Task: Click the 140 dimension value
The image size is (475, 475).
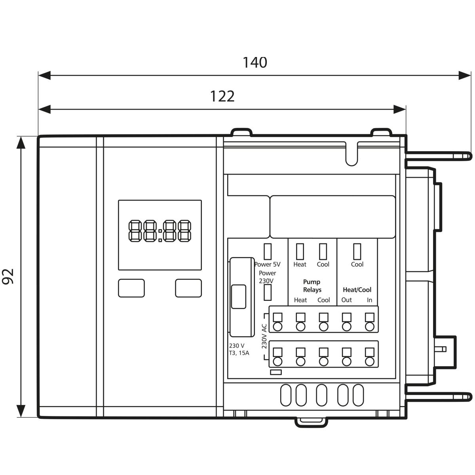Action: pyautogui.click(x=255, y=63)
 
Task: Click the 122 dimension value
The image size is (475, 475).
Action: pyautogui.click(x=222, y=96)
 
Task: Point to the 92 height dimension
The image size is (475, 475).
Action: pyautogui.click(x=8, y=276)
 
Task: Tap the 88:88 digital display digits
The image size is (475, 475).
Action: pyautogui.click(x=160, y=231)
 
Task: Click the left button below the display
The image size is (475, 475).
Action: pyautogui.click(x=131, y=288)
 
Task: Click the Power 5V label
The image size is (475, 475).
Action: pyautogui.click(x=268, y=264)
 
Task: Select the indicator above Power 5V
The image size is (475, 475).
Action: pyautogui.click(x=268, y=252)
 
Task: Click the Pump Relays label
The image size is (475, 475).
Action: pyautogui.click(x=312, y=286)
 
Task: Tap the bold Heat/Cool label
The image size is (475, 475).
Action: pyautogui.click(x=357, y=290)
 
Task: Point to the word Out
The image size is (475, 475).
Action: pyautogui.click(x=347, y=300)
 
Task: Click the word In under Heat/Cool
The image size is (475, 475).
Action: pyautogui.click(x=369, y=300)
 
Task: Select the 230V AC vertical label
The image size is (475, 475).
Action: pyautogui.click(x=264, y=336)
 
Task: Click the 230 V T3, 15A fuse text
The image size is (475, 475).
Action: pyautogui.click(x=239, y=349)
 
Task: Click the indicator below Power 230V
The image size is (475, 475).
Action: pyautogui.click(x=268, y=293)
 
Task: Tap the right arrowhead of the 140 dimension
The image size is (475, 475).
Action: pyautogui.click(x=465, y=76)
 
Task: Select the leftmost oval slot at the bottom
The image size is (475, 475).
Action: pyautogui.click(x=286, y=395)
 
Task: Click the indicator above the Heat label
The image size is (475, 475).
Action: pyautogui.click(x=300, y=252)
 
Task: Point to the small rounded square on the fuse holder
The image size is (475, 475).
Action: pyautogui.click(x=239, y=296)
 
